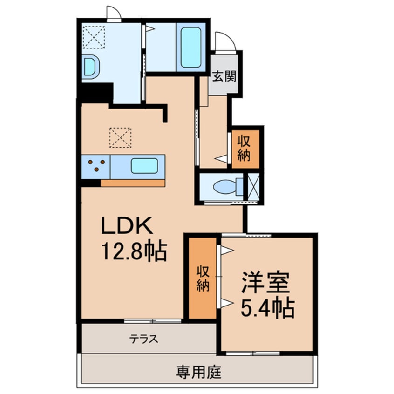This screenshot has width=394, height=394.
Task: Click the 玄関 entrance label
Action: click(224, 76)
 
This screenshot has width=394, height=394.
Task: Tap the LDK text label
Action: click(127, 228)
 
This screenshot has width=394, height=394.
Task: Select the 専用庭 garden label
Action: click(198, 372)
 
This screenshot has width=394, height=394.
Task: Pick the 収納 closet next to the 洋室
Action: click(203, 279)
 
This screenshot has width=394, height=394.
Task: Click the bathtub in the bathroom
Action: click(190, 47)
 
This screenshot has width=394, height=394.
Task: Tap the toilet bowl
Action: click(224, 187)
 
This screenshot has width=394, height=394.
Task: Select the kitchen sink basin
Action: click(144, 166)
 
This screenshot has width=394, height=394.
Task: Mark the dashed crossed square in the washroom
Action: click(94, 36)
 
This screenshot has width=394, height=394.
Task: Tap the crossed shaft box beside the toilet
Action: click(254, 187)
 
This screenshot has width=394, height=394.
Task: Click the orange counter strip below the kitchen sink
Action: click(133, 183)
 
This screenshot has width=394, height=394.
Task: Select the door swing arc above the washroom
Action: click(113, 14)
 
